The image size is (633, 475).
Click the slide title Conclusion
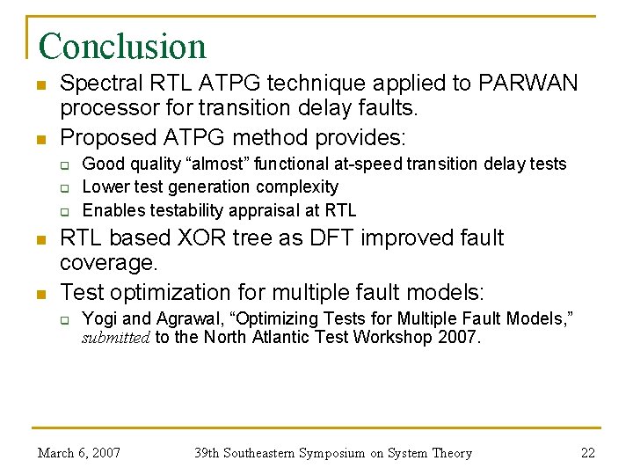coord(122,46)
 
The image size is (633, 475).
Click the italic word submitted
coord(116,338)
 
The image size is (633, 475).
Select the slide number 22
coord(588,453)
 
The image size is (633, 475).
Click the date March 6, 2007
coord(79,453)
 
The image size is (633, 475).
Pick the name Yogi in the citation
coord(99,318)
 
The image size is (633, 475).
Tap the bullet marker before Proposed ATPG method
coord(40,138)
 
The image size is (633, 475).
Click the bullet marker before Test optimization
coord(40,291)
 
